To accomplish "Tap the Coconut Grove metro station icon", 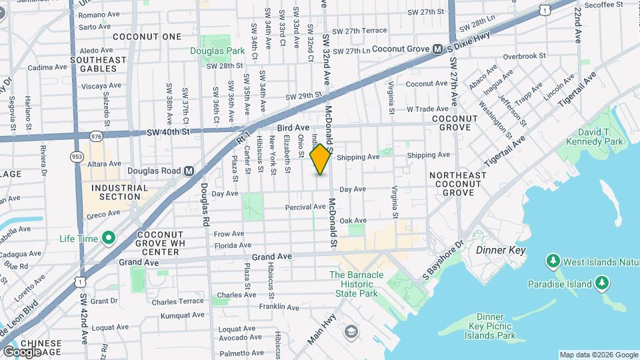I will [x=438, y=49].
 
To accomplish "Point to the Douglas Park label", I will [x=217, y=50].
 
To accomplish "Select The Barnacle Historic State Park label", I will [x=363, y=284].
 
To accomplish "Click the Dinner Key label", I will [x=501, y=250].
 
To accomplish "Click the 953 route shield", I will [x=77, y=155].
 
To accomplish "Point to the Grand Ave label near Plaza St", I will [x=271, y=256].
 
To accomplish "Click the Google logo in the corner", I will [x=21, y=351].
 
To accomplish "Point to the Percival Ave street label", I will [x=305, y=207].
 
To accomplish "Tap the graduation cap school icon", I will [x=351, y=331].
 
